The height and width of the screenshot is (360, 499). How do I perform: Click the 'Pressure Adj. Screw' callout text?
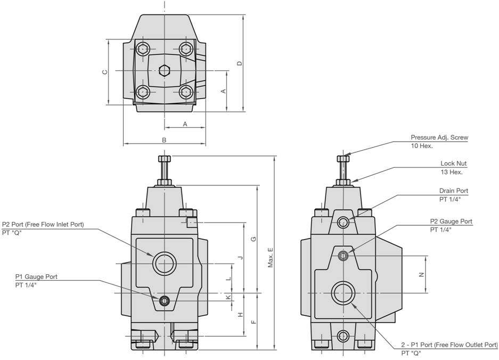pyautogui.click(x=439, y=137)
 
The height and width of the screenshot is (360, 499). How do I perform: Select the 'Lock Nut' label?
pyautogui.click(x=453, y=163)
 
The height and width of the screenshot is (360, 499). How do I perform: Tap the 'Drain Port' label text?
pyautogui.click(x=453, y=191)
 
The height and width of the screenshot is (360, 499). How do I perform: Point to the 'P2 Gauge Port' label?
pyautogui.click(x=451, y=222)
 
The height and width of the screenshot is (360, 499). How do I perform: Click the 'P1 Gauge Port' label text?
pyautogui.click(x=36, y=277)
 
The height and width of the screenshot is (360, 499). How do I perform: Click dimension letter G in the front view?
pyautogui.click(x=254, y=239)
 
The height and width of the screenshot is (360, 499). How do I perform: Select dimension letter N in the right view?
pyautogui.click(x=421, y=275)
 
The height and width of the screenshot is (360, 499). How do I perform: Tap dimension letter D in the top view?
pyautogui.click(x=240, y=63)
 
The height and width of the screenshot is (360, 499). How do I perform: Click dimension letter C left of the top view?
pyautogui.click(x=105, y=71)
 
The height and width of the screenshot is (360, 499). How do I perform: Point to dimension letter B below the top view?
pyautogui.click(x=164, y=140)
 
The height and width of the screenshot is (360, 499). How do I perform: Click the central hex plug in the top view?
pyautogui.click(x=165, y=70)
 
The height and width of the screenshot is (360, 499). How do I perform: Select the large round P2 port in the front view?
pyautogui.click(x=165, y=263)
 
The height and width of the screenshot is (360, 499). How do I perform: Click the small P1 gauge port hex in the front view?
pyautogui.click(x=165, y=302)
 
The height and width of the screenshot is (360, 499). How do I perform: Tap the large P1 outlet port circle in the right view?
pyautogui.click(x=343, y=293)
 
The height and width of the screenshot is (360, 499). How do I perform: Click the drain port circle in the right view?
pyautogui.click(x=344, y=222)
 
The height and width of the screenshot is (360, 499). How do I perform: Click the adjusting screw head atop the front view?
pyautogui.click(x=164, y=159)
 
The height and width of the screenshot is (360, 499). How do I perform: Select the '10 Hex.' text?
pyautogui.click(x=422, y=146)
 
